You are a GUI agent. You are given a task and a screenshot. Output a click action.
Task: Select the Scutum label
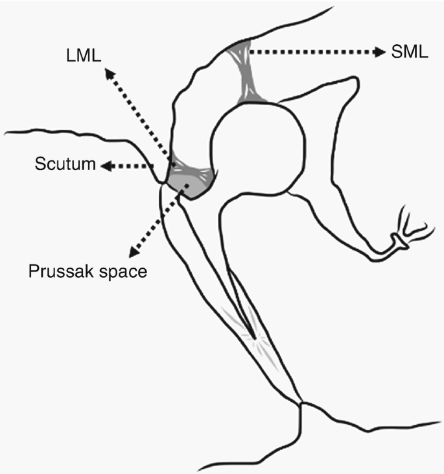(x=64, y=166)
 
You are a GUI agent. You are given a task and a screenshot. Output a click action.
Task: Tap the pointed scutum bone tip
(x=161, y=184)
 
